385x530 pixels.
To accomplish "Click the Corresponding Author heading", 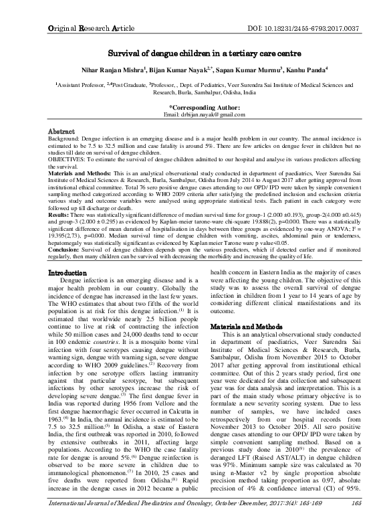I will tap(200, 106).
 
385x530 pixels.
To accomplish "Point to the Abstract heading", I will tap(66, 132).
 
